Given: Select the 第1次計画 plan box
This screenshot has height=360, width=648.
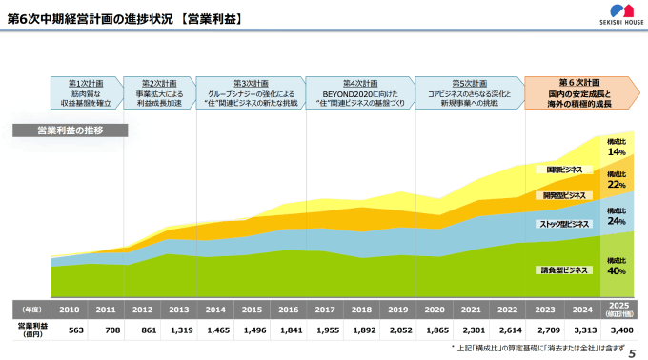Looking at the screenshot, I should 87,92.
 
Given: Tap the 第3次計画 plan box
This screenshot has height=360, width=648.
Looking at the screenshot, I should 253,92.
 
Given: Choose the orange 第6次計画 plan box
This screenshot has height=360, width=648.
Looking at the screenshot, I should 579,92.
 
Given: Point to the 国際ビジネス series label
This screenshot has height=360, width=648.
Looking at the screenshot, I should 564,170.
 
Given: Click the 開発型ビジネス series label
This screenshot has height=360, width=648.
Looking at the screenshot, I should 564,195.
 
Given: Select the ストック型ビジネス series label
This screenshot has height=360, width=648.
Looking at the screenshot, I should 564,225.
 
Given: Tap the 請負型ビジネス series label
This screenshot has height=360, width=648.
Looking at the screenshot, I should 564,270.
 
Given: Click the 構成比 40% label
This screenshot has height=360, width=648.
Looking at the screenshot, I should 617,266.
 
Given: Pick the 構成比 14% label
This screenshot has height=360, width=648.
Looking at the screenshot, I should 617,147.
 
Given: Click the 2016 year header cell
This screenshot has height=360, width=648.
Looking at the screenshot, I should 288,310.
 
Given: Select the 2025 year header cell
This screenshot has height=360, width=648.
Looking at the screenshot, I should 617,310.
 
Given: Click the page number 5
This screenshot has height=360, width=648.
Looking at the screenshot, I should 632,351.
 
